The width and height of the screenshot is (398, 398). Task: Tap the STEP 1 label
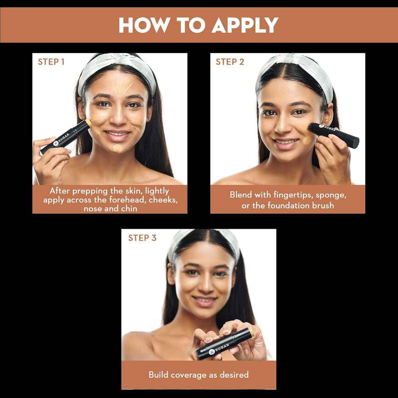51,62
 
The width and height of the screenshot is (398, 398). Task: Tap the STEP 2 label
230,62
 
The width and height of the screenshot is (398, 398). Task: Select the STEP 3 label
142,238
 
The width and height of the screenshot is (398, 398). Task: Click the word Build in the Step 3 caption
158,375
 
